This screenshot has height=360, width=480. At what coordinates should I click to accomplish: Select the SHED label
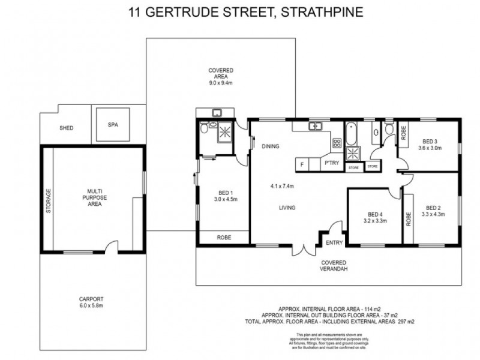click(66, 128)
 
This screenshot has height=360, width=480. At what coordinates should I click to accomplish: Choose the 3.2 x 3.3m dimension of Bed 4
click(374, 221)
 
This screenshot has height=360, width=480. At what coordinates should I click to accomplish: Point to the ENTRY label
click(333, 242)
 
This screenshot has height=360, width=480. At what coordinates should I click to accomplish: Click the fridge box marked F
click(302, 164)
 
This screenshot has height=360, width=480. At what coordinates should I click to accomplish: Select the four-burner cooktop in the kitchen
click(337, 143)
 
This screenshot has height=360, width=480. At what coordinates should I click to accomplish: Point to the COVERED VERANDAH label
click(335, 266)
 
